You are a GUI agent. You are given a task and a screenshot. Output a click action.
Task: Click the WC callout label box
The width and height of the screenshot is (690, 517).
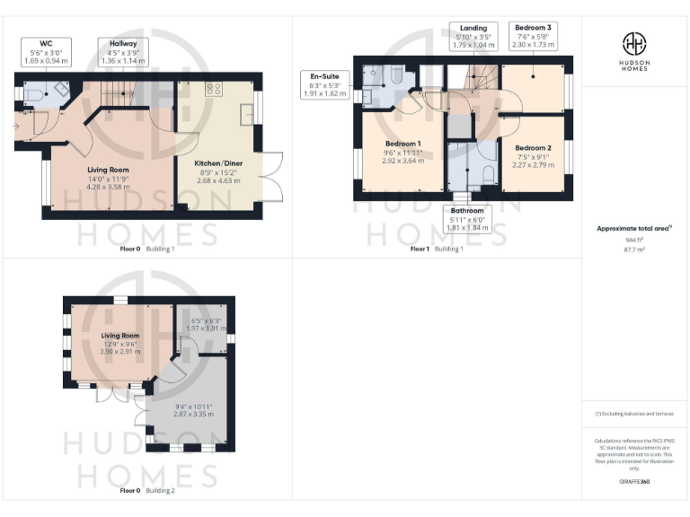(45, 52)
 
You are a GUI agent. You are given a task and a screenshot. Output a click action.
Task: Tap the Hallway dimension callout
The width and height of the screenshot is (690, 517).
(122, 52)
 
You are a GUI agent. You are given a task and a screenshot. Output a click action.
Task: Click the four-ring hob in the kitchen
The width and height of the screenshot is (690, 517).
(215, 88)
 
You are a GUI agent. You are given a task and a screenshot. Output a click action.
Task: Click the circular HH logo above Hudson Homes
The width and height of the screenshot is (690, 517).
(634, 43)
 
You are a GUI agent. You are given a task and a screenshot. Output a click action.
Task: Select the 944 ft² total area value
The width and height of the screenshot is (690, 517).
(634, 241)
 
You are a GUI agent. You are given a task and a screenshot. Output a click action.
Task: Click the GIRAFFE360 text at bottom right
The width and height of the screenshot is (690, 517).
(634, 482)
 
